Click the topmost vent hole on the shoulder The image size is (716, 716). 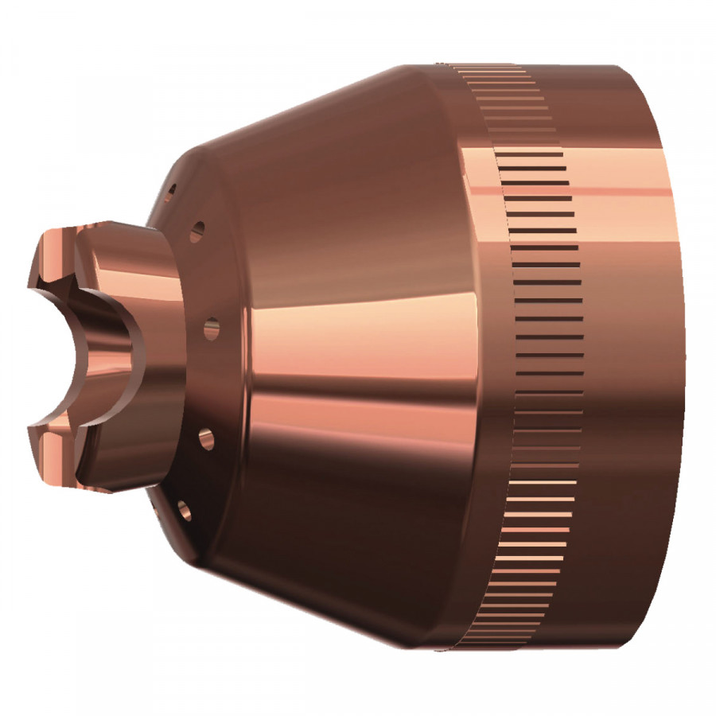[169, 191]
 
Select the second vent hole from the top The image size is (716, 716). [198, 232]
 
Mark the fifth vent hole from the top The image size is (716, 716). [184, 510]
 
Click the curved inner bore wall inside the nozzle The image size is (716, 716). [103, 358]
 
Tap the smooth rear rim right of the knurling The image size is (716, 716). [636, 358]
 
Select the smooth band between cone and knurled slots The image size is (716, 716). [477, 358]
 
